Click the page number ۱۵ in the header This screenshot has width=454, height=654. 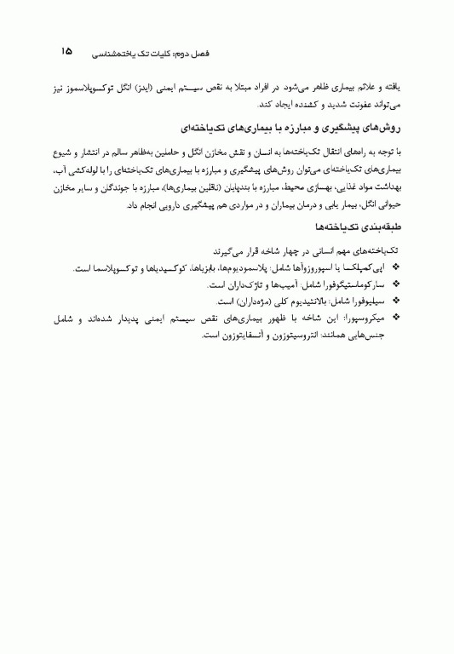[66, 51]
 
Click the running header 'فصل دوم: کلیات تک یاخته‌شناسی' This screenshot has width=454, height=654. [136, 53]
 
